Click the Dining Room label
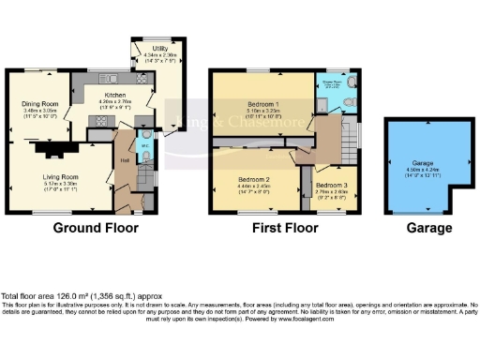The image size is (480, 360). click(41, 103)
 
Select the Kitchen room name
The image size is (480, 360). click(114, 96)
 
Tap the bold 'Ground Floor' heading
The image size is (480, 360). click(95, 228)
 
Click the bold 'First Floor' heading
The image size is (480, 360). click(281, 228)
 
